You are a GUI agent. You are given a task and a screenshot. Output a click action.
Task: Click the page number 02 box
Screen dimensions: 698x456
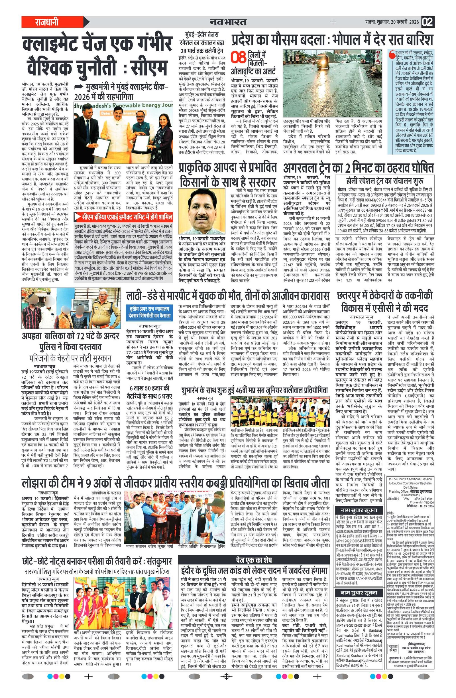pyautogui.click(x=427, y=22)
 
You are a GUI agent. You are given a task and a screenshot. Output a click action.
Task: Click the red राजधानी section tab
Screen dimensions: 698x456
pyautogui.click(x=47, y=22)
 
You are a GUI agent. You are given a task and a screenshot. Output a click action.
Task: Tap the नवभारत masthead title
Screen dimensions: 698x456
pyautogui.click(x=228, y=22)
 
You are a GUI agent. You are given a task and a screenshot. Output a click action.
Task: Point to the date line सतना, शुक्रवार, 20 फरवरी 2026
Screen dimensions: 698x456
pyautogui.click(x=392, y=22)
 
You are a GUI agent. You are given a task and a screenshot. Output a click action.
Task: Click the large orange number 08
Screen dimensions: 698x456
pyautogui.click(x=238, y=58)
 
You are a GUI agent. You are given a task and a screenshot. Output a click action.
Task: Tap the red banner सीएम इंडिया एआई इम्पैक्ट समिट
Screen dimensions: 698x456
pyautogui.click(x=123, y=217)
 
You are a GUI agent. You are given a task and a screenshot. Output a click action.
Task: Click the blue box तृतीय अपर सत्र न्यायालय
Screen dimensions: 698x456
pyautogui.click(x=150, y=312)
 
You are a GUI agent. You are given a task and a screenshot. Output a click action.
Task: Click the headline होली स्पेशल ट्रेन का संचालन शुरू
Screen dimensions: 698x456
pyautogui.click(x=384, y=181)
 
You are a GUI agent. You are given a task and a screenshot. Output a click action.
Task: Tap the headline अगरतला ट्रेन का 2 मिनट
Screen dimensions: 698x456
pyautogui.click(x=358, y=168)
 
